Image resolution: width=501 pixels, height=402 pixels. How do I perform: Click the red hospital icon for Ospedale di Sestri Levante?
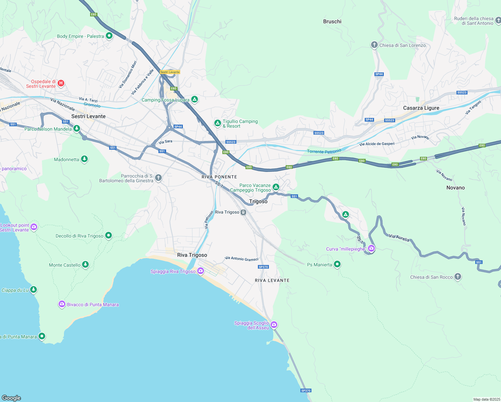pos(61,83)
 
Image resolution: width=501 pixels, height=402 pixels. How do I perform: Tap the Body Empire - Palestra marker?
pos(109,36)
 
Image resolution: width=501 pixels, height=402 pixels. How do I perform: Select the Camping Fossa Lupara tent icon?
pos(195,99)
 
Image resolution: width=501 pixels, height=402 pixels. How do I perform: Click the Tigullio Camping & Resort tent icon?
pos(218,123)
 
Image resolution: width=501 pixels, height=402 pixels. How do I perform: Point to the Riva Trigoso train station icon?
pos(243,212)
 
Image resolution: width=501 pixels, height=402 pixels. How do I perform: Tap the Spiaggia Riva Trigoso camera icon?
pos(201,271)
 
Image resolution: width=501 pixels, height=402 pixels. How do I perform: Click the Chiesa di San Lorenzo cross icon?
pos(374,45)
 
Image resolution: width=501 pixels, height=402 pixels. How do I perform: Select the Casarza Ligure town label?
pos(421,108)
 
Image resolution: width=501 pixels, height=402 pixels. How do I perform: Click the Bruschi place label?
pos(332,21)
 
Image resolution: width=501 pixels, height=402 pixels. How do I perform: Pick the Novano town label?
pos(455,188)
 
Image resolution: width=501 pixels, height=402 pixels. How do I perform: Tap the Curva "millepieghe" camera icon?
pos(371,249)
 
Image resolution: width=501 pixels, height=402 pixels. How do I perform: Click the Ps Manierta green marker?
pos(337,264)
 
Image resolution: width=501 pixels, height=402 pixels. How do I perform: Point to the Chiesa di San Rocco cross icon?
pos(458,277)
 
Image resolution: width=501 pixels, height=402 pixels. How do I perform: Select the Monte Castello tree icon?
pos(85,265)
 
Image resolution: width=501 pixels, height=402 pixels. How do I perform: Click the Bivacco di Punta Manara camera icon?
pos(62,304)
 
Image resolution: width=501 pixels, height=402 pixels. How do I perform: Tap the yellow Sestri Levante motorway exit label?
pos(170,72)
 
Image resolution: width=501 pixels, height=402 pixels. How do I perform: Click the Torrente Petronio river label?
pos(324,151)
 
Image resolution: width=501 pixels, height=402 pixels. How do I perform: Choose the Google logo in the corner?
pos(11,398)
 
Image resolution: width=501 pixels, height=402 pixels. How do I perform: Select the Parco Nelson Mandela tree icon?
pos(77,128)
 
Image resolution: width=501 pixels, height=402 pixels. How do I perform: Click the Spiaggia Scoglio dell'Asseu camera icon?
pos(274,325)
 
